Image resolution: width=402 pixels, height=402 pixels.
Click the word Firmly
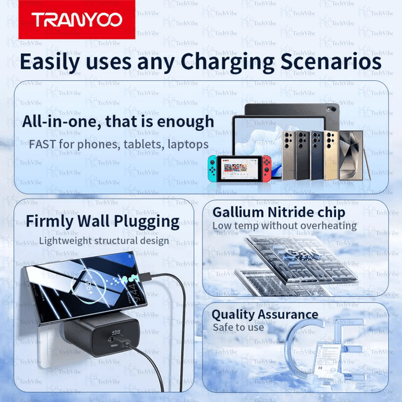[53, 221]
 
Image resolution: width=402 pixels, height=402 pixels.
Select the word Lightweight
[64, 241]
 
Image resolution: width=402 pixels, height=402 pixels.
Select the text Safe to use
[238, 327]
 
